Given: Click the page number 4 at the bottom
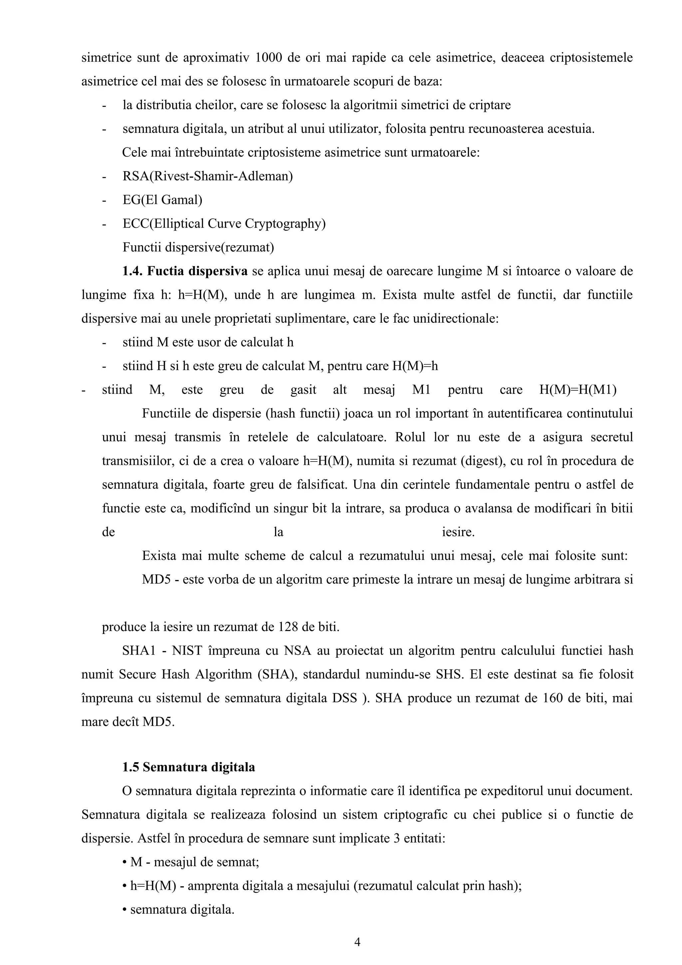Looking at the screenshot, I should click(x=357, y=942).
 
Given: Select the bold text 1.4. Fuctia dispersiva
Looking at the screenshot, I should click(x=185, y=271).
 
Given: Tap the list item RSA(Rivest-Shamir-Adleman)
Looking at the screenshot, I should click(x=207, y=176).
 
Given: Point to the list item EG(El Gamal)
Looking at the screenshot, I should click(x=162, y=200).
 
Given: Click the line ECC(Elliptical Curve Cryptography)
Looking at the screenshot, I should click(x=224, y=223).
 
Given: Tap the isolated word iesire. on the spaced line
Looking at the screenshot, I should click(x=458, y=532).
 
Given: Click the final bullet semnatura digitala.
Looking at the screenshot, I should click(x=178, y=909).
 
